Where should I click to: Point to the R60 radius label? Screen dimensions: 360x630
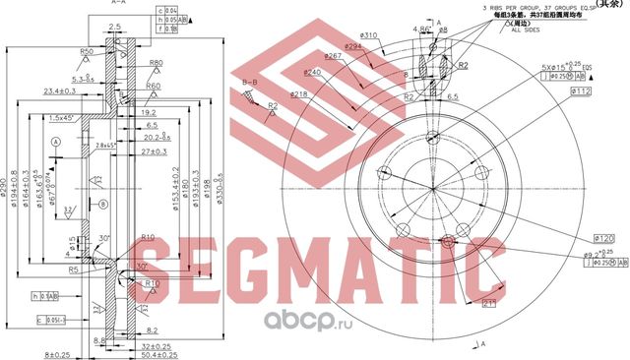[x=154, y=87]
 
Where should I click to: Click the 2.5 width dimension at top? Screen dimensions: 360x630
[x=115, y=26]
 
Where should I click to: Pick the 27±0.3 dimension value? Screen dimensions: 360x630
[x=156, y=152]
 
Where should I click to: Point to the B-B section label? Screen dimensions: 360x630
[x=250, y=82]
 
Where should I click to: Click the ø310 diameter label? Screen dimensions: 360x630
[x=341, y=36]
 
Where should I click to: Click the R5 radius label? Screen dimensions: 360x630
[x=73, y=267]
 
